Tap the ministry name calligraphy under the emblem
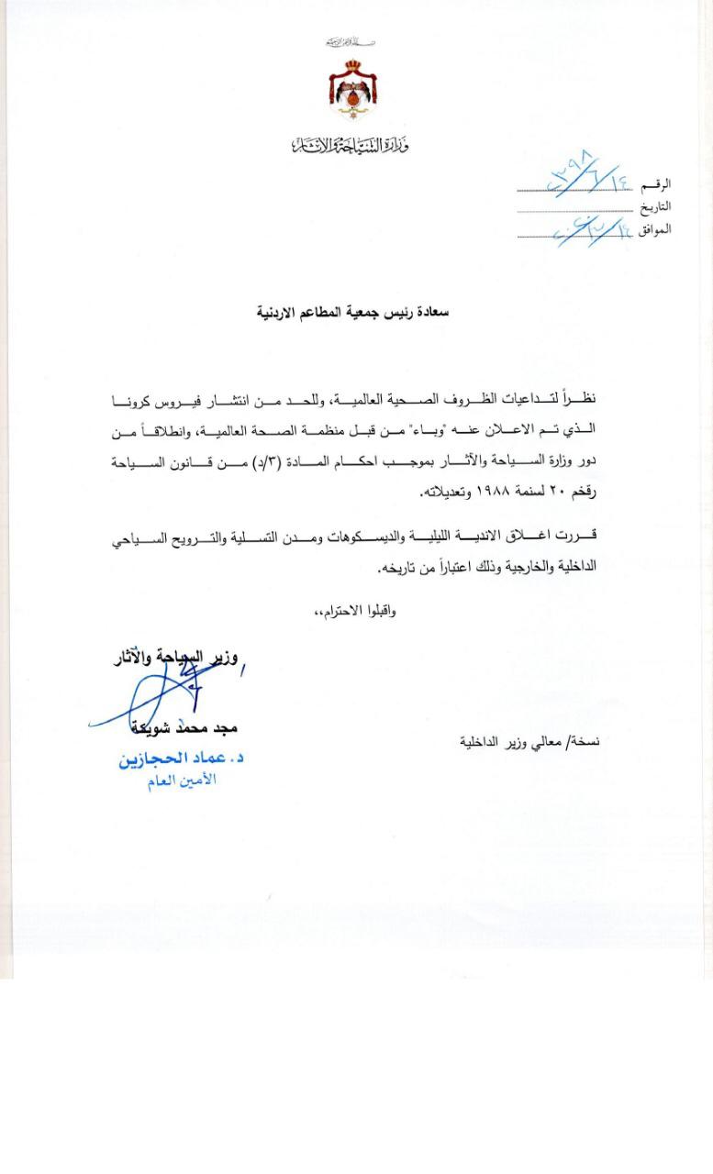point(350,144)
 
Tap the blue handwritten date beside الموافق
point(587,227)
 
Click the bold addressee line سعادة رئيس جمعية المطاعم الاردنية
point(352,312)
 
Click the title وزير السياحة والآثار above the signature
point(174,657)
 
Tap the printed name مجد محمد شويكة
point(184,727)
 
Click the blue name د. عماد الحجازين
point(180,759)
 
